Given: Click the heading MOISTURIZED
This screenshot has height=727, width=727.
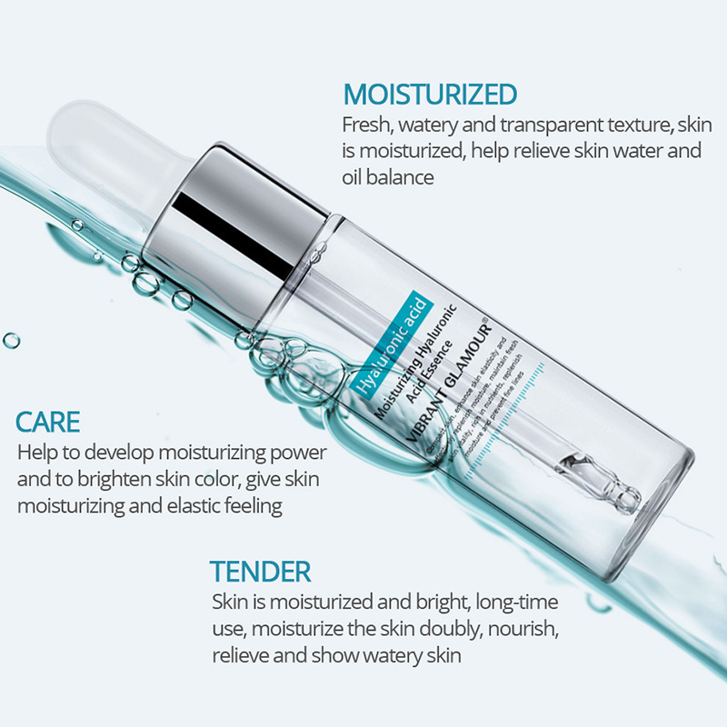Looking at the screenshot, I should (430, 94).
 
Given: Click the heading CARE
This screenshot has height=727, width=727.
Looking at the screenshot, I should (48, 422).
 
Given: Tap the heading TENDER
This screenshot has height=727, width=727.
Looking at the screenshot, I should (261, 572).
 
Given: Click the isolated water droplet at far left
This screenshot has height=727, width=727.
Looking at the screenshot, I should (11, 341).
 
